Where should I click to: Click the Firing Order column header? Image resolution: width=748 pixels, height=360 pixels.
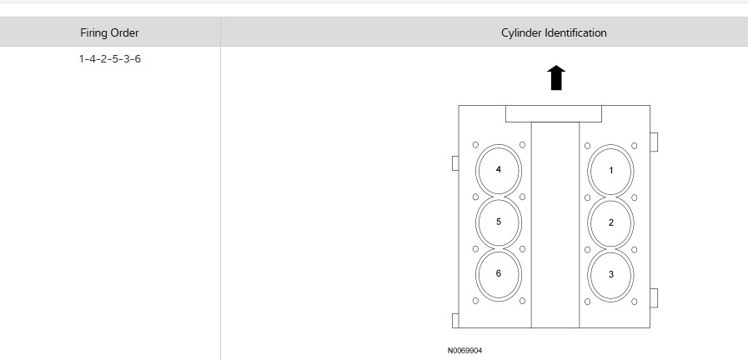coord(109,33)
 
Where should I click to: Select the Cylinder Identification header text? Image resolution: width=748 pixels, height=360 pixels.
coord(554,33)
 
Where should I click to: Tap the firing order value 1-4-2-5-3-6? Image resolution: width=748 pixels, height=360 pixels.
coord(109,59)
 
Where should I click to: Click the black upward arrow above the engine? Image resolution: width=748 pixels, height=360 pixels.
coord(556,77)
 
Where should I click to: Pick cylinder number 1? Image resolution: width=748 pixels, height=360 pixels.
coord(611,170)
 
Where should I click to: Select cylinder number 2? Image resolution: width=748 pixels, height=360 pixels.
coord(611,222)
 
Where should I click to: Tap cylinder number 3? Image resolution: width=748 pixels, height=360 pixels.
coord(611,274)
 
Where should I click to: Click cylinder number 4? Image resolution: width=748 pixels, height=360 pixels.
coord(498,169)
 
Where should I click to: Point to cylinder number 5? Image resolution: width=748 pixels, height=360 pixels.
coord(498,222)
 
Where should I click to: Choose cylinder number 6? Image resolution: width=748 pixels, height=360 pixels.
coord(498,273)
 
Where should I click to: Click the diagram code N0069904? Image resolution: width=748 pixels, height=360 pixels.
coord(464,351)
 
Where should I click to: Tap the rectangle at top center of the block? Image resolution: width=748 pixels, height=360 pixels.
coord(554,113)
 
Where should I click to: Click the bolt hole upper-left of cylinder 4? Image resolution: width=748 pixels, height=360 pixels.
coord(474,144)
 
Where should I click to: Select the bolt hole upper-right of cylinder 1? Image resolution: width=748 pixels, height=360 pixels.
coord(635,145)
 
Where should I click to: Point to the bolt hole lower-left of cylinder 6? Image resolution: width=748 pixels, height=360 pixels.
coord(474,300)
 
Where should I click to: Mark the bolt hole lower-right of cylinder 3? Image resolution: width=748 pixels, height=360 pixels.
coord(635,300)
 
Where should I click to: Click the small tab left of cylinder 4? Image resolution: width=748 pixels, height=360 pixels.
coord(455,163)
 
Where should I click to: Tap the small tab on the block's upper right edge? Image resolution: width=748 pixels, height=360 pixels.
coord(654,142)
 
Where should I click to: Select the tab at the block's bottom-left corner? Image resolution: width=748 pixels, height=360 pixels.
coord(455,321)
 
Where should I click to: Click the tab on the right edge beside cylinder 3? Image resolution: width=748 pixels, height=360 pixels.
coord(654,297)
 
